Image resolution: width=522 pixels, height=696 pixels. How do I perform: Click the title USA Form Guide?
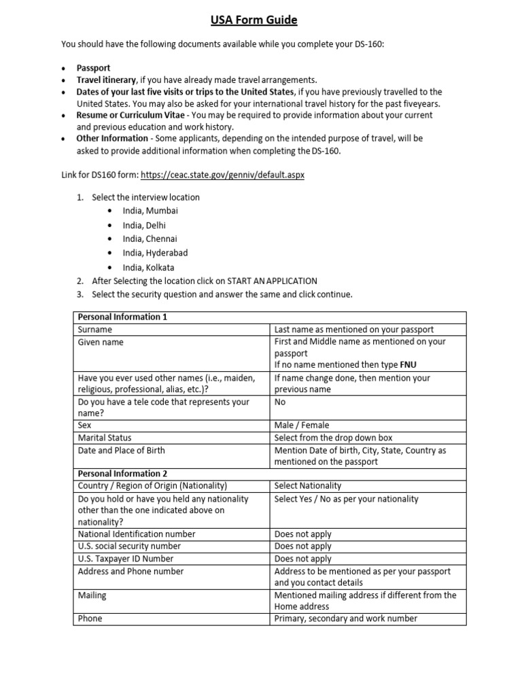[261, 20]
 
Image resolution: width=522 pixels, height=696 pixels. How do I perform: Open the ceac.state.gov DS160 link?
[223, 175]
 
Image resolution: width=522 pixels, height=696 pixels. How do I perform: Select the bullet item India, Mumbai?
[150, 211]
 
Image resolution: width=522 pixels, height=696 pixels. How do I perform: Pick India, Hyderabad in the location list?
[155, 253]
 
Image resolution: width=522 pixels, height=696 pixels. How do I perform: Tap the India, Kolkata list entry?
[148, 267]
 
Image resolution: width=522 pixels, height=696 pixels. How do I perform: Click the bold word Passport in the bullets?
[93, 69]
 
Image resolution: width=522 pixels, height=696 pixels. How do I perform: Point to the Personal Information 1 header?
[122, 317]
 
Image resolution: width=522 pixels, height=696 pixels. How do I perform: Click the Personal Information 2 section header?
[122, 474]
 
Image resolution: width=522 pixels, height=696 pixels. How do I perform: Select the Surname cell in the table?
[95, 330]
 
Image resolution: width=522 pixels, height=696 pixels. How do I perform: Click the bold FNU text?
[409, 365]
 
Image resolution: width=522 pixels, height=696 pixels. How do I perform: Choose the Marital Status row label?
[105, 438]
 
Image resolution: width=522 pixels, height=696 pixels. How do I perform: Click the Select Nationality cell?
[307, 486]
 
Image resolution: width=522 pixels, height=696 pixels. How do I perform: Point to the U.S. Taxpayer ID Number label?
[126, 559]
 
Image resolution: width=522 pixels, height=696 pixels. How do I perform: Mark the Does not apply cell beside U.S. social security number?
[302, 546]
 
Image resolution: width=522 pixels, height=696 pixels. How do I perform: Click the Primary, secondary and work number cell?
[345, 619]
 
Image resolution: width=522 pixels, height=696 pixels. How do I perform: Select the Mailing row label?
[92, 595]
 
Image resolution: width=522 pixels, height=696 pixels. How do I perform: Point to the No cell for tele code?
[280, 402]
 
